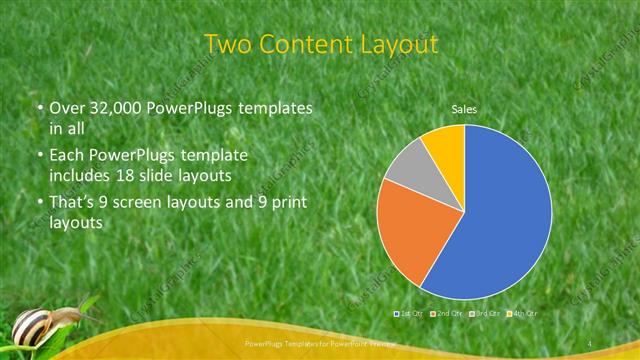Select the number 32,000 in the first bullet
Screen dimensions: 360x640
(x=114, y=108)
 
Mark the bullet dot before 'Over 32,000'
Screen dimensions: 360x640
(x=37, y=108)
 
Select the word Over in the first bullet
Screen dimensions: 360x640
(x=66, y=108)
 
